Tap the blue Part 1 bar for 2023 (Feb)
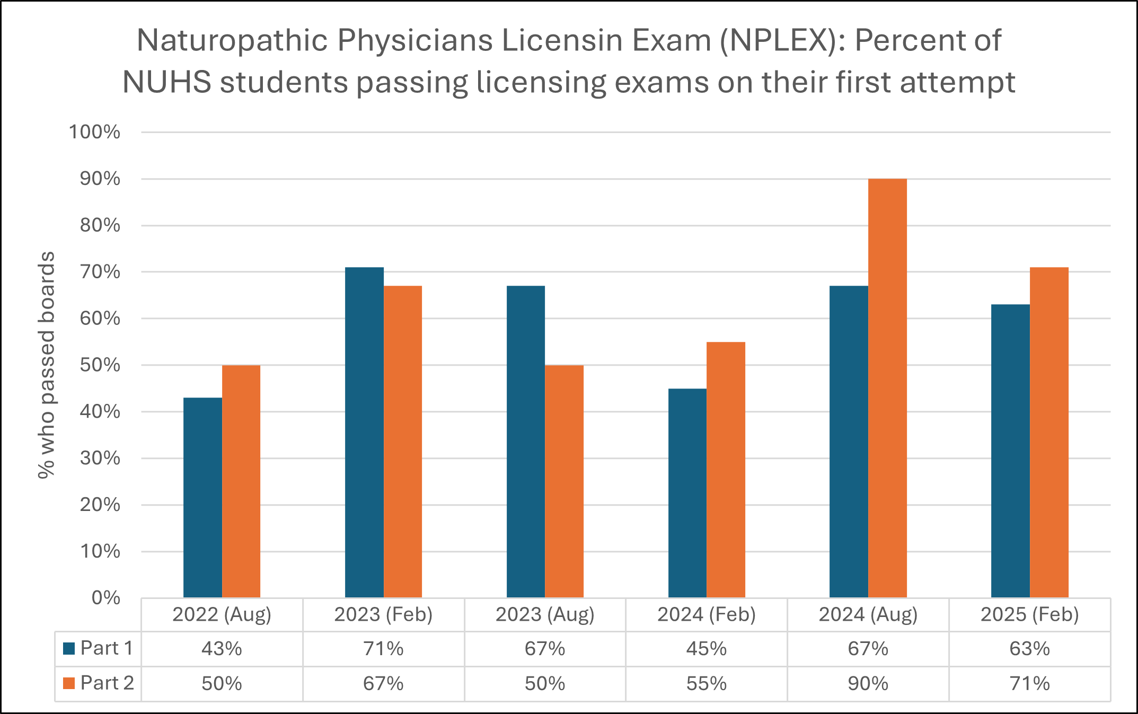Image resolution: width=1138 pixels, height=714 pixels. click(364, 432)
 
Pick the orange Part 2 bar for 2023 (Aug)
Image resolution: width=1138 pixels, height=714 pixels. click(564, 481)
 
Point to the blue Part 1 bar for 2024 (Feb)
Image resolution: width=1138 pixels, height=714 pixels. click(687, 493)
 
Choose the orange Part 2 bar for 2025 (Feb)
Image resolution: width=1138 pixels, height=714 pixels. click(1049, 432)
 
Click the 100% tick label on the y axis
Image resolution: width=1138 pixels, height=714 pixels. click(95, 132)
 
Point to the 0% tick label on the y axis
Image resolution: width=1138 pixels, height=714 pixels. click(105, 598)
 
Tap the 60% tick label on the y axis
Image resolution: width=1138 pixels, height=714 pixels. click(100, 319)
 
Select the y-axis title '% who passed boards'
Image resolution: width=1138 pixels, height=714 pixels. click(47, 365)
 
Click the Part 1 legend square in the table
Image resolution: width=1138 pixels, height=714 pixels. click(69, 648)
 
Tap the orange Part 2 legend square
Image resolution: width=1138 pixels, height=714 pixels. click(69, 683)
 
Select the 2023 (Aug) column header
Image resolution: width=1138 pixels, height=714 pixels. click(545, 614)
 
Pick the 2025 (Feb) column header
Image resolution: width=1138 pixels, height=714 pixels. click(1029, 614)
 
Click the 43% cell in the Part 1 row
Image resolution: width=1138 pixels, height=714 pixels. click(222, 649)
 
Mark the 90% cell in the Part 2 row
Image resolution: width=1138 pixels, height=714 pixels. click(868, 684)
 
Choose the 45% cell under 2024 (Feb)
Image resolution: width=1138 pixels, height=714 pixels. click(706, 649)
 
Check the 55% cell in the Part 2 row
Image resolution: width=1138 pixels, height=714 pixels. click(706, 684)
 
